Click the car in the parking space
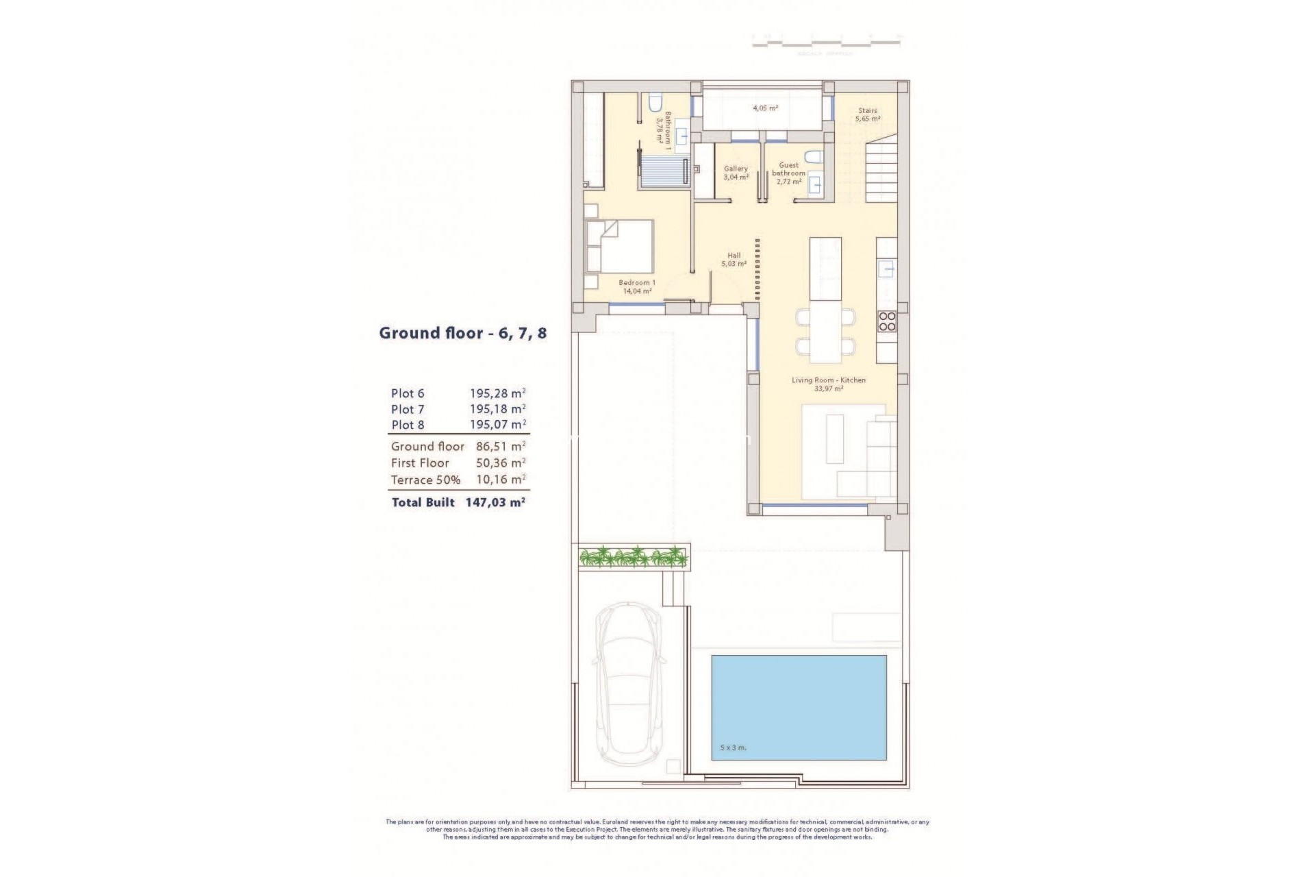(x=631, y=692)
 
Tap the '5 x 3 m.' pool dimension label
(x=733, y=748)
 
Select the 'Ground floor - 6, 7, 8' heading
(x=463, y=334)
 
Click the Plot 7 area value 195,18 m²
(x=497, y=409)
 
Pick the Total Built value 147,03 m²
(x=494, y=502)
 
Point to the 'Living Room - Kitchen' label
(x=828, y=380)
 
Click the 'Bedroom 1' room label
(x=637, y=283)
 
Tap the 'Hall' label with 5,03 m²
(x=734, y=259)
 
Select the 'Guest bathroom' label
(x=788, y=169)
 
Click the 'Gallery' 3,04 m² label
(x=736, y=172)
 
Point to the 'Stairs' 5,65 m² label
(x=867, y=114)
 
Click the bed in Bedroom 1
(x=619, y=247)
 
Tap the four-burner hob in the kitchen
(x=887, y=321)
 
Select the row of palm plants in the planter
(x=633, y=556)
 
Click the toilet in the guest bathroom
(x=812, y=157)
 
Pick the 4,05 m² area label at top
(x=765, y=108)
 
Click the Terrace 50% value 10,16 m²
(x=501, y=480)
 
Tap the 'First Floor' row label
(x=420, y=463)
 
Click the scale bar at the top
(x=826, y=43)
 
